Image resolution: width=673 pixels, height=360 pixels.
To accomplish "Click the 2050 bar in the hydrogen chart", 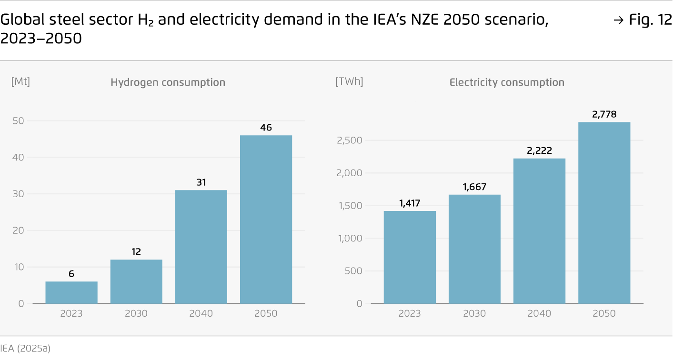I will click(x=266, y=219).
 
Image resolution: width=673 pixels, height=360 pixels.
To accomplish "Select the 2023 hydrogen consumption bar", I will click(x=71, y=292).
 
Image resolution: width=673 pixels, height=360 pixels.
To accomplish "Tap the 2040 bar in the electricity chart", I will click(x=539, y=231).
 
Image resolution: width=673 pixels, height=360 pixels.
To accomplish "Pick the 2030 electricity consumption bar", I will click(x=474, y=249).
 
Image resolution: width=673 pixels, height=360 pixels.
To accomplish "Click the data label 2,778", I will click(x=604, y=114).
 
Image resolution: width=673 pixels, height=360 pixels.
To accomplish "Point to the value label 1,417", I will click(x=410, y=203).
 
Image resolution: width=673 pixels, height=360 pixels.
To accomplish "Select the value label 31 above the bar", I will click(x=201, y=182).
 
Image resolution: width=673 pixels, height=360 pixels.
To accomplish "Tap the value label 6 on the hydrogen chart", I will click(x=71, y=274).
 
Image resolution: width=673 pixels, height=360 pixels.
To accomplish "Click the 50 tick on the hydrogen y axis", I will click(x=18, y=121).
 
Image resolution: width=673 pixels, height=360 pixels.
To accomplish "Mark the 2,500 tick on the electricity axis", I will click(x=350, y=140).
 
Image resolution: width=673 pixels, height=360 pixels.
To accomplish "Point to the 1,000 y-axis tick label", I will click(x=350, y=239).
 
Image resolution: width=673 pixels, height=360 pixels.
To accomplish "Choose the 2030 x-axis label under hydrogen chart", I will click(x=136, y=314).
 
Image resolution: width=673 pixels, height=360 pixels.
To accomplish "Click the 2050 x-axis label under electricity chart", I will click(x=604, y=314).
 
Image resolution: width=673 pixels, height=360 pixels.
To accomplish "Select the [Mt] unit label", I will click(x=20, y=81).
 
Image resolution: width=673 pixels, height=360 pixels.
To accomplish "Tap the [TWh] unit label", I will click(x=349, y=81).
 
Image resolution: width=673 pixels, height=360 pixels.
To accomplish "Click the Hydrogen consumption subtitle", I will click(x=168, y=82).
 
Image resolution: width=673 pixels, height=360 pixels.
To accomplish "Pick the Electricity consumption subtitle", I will click(x=507, y=82).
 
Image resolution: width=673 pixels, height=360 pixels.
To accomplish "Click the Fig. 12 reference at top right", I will click(x=647, y=21).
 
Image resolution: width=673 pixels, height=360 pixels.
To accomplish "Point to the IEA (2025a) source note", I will click(x=25, y=348).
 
